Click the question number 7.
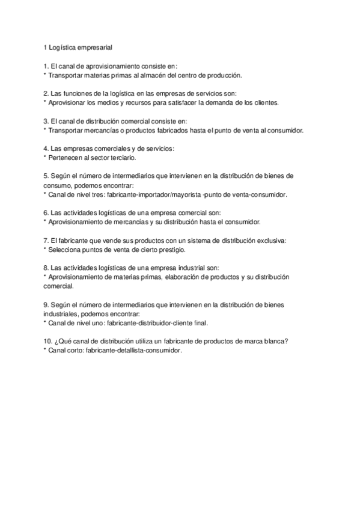[x=46, y=241]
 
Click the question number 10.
[x=48, y=342]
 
